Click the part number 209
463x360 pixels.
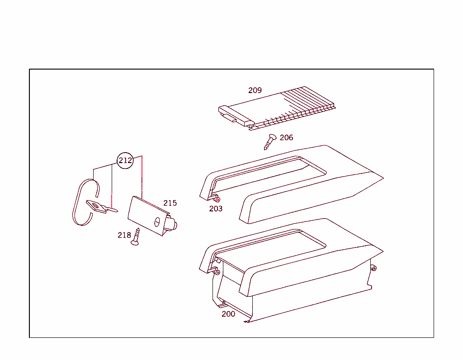[255, 90]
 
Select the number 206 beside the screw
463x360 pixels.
[286, 138]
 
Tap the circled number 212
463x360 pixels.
[125, 160]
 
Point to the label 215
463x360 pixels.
[170, 203]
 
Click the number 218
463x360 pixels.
[124, 235]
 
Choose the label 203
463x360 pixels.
[216, 209]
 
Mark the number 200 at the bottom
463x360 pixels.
[228, 314]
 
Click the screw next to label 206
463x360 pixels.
[270, 142]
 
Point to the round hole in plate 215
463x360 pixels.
[157, 222]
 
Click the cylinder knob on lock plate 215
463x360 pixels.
[172, 224]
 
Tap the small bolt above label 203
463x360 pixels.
[217, 199]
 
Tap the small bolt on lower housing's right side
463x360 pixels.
[373, 268]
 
